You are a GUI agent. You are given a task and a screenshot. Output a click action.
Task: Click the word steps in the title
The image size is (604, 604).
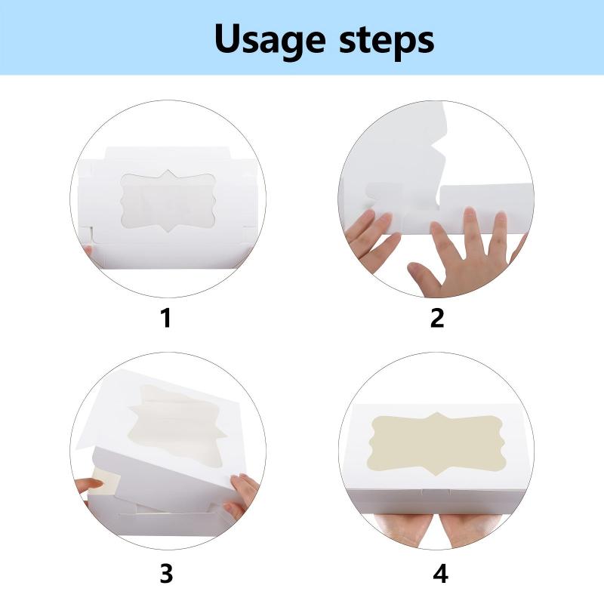(387, 40)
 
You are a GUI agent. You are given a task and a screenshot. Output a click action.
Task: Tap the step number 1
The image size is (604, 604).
(166, 318)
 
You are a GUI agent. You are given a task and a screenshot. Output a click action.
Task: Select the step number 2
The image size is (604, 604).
(437, 318)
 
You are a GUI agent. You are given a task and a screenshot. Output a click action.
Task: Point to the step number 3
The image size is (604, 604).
(166, 574)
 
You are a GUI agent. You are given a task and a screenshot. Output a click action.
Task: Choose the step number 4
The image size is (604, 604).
(440, 574)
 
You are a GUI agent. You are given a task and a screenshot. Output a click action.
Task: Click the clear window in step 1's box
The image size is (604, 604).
(168, 201)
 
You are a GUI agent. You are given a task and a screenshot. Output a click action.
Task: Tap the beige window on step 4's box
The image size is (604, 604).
(436, 443)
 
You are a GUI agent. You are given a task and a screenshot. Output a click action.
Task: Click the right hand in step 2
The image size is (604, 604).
(466, 254)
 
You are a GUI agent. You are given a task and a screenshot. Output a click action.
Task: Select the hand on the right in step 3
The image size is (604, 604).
(242, 495)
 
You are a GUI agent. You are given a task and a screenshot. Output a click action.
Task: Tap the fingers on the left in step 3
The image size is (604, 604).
(89, 487)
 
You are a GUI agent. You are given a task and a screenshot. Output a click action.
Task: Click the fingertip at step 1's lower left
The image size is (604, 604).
(88, 251)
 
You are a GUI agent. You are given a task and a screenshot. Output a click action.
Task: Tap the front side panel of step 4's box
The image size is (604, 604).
(436, 501)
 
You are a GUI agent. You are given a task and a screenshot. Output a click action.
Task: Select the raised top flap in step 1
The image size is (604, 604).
(167, 153)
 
